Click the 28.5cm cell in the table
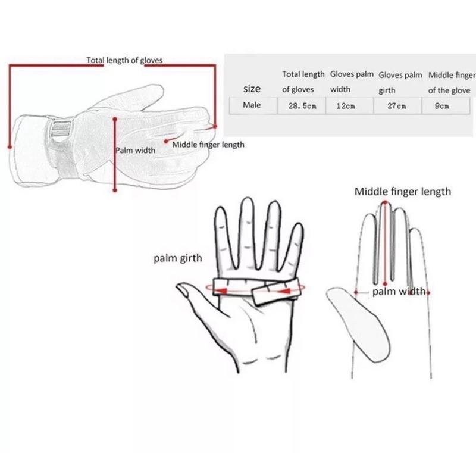pyautogui.click(x=302, y=106)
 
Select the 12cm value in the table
pyautogui.click(x=346, y=106)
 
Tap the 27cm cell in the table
pyautogui.click(x=396, y=106)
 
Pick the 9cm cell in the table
pyautogui.click(x=441, y=106)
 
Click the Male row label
pyautogui.click(x=252, y=105)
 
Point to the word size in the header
pyautogui.click(x=252, y=89)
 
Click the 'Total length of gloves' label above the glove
pyautogui.click(x=124, y=60)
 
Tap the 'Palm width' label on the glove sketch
pyautogui.click(x=136, y=150)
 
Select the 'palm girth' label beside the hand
pyautogui.click(x=177, y=258)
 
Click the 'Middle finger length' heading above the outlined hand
pyautogui.click(x=403, y=192)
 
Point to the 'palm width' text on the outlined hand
pyautogui.click(x=399, y=292)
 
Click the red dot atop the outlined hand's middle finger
pyautogui.click(x=385, y=202)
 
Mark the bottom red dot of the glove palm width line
pyautogui.click(x=115, y=190)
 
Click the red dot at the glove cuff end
pyautogui.click(x=10, y=147)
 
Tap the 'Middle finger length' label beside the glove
pyautogui.click(x=208, y=145)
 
